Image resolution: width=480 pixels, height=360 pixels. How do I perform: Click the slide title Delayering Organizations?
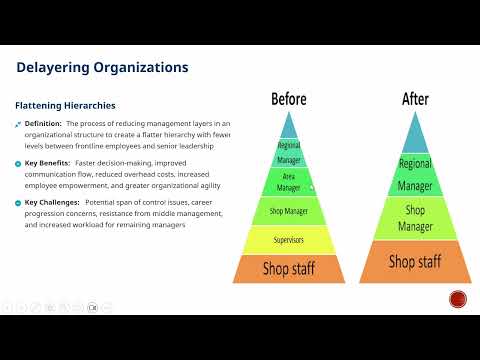point(102,68)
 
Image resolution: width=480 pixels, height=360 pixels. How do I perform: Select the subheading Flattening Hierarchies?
point(65,104)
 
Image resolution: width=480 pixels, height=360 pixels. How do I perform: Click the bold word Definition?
point(43,123)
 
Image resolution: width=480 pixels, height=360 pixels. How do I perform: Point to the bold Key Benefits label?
point(46,162)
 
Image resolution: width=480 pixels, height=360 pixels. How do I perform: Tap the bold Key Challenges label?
point(50,201)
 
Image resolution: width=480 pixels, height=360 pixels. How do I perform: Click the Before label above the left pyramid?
point(288,99)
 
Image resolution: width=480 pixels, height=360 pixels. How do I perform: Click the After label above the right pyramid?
point(414,99)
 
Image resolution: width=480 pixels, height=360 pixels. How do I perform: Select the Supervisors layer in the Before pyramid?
point(288,240)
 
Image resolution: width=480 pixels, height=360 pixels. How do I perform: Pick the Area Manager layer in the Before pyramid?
point(288,181)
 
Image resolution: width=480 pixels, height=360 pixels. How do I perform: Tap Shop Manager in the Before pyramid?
point(288,211)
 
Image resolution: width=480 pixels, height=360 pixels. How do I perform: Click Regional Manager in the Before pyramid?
point(288,152)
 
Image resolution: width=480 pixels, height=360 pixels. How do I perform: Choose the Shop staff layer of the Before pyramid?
point(288,268)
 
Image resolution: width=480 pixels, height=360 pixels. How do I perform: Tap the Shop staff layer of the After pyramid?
point(414,262)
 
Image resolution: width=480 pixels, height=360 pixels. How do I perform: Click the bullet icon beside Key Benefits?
point(18,162)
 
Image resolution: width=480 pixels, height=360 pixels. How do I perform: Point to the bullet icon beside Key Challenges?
point(18,201)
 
